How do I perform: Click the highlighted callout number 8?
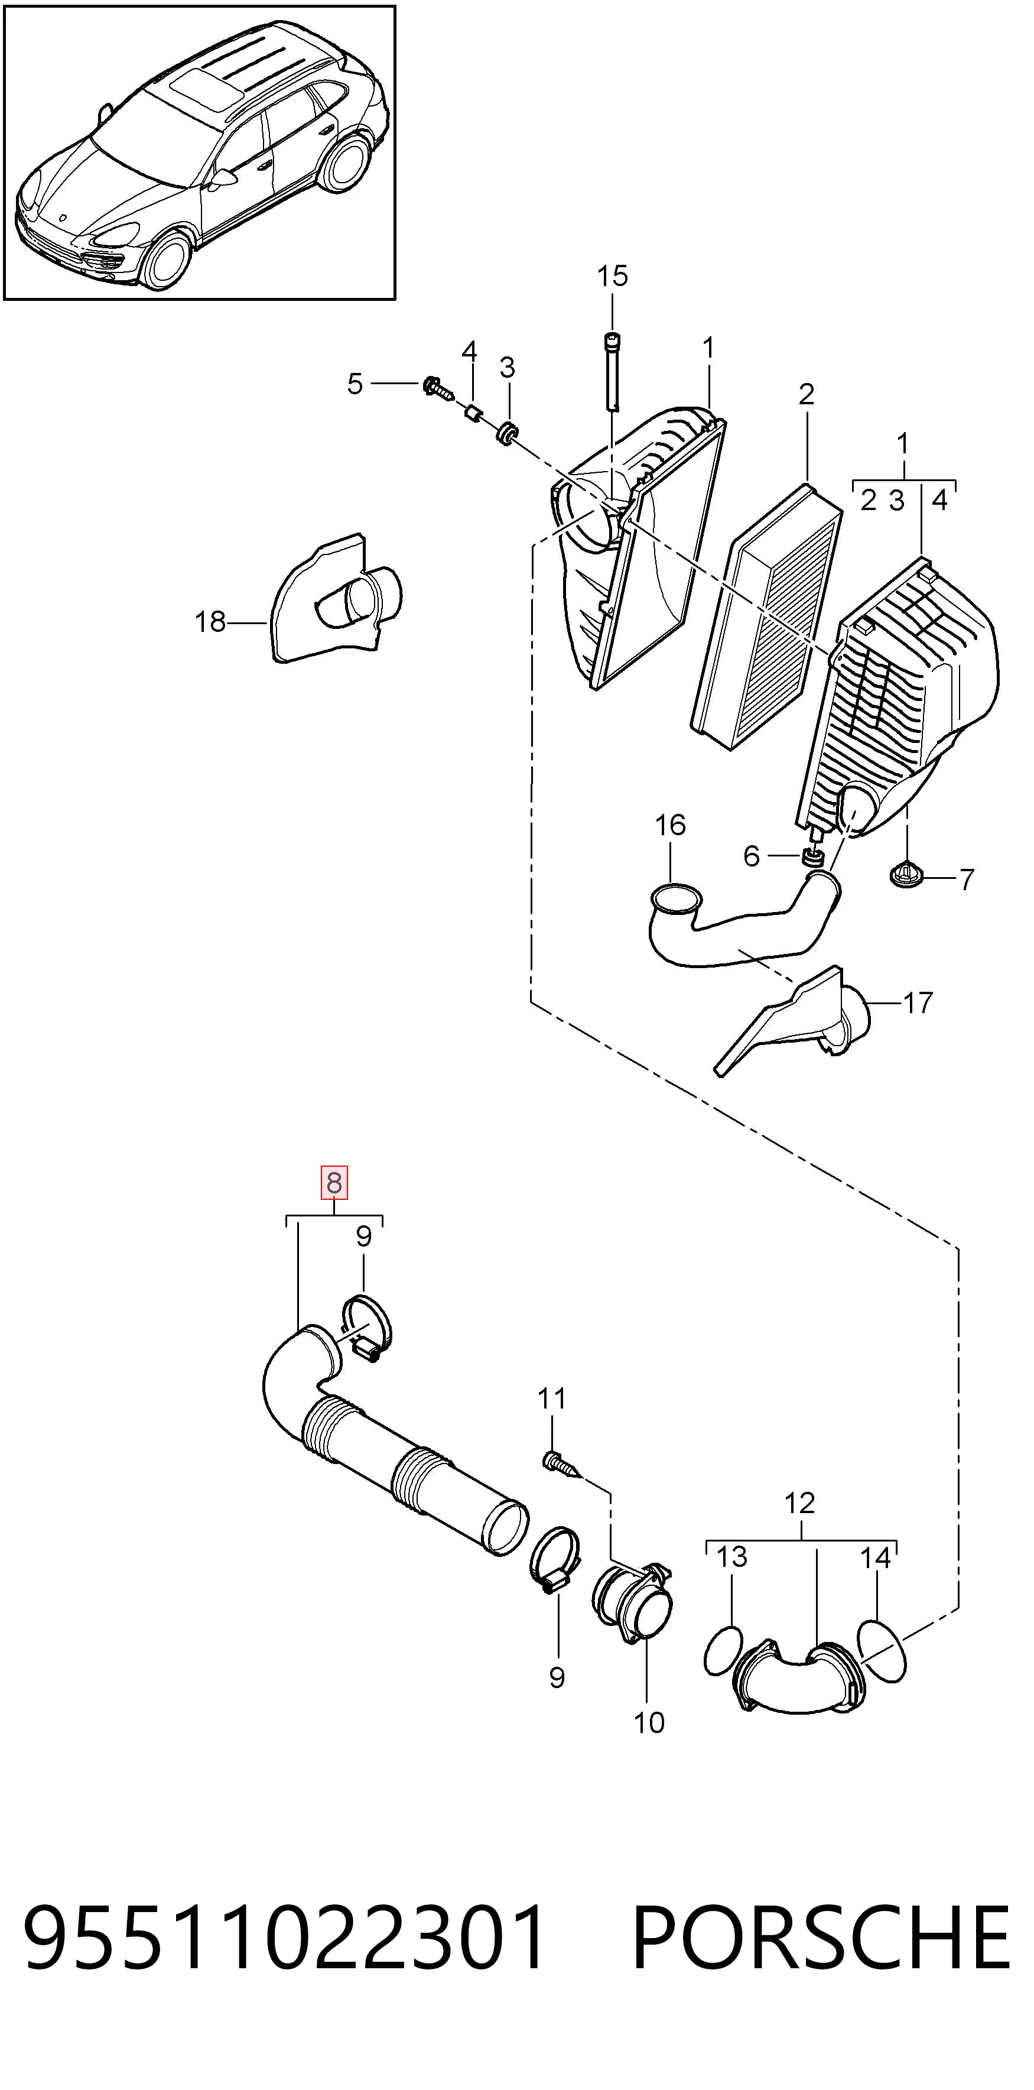334,1183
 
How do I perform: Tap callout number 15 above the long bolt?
612,277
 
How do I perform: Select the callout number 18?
210,622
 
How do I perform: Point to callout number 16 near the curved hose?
670,825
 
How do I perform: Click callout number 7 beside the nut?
966,880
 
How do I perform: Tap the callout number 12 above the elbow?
799,1504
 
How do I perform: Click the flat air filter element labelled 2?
766,616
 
